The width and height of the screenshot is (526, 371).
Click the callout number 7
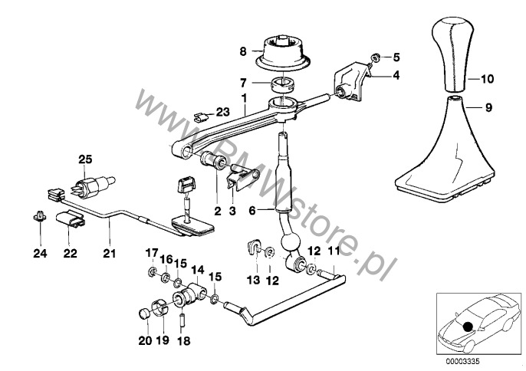[242, 82]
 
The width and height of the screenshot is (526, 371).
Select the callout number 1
[244, 99]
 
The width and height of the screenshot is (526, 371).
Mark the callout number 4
[397, 75]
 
